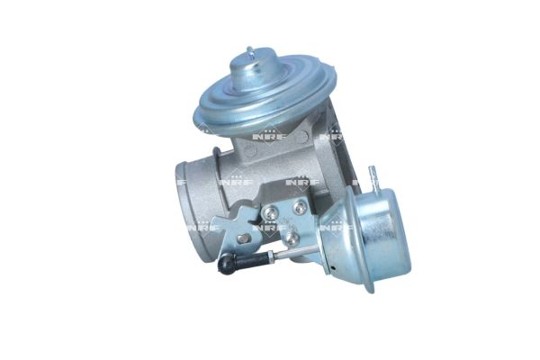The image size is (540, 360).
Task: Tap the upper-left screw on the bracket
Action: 271,212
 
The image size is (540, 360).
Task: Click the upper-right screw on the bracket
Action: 300,207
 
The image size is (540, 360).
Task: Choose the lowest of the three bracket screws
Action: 291,240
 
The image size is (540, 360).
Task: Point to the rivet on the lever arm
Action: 243,238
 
